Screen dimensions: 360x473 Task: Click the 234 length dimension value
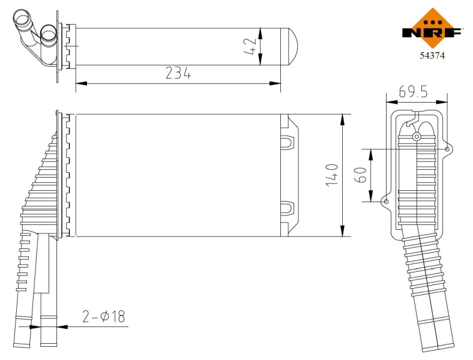point(178,73)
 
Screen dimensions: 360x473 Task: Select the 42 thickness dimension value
point(251,46)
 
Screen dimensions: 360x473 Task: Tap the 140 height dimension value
point(331,175)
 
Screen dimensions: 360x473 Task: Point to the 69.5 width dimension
point(413,92)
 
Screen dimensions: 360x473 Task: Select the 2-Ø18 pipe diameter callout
point(104,317)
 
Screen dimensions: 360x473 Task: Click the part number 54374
point(432,55)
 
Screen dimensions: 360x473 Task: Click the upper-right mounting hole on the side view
point(447,149)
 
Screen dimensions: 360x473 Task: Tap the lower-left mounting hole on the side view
point(386,202)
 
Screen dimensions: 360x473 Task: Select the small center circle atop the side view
point(417,137)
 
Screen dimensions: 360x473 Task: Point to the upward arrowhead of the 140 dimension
point(342,118)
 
